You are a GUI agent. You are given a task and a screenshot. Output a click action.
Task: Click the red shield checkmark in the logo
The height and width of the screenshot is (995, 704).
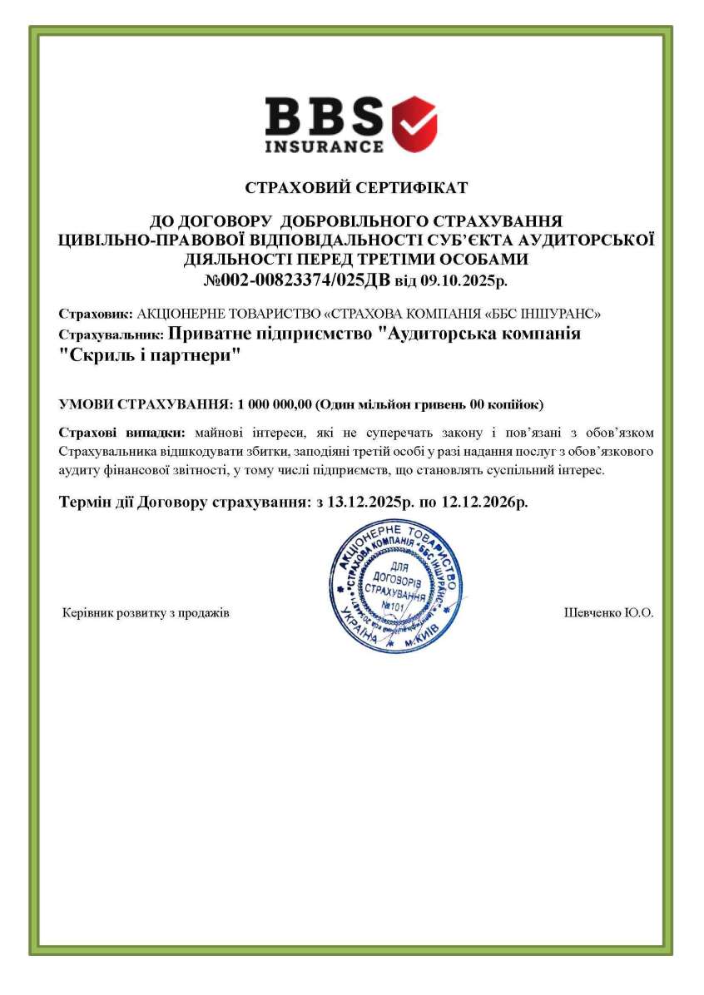coord(414,123)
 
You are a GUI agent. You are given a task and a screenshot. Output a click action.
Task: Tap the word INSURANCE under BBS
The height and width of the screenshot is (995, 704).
coord(325,146)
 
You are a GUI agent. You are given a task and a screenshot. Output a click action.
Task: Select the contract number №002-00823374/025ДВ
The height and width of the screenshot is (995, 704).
coord(297,280)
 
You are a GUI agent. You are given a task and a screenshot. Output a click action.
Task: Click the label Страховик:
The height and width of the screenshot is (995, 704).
coord(95,314)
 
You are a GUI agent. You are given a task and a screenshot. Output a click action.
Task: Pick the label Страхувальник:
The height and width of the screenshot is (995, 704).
coord(112,334)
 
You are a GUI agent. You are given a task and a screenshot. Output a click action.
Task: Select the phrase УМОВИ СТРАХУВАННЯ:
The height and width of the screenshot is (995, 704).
coord(146,404)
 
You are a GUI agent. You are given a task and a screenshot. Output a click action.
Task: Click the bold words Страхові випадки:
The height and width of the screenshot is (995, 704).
coord(124,433)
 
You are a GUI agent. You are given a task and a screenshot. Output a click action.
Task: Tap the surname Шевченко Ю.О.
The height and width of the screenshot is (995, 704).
coord(608,613)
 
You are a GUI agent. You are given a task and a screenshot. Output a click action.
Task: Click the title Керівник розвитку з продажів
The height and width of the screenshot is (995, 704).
coord(146,613)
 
